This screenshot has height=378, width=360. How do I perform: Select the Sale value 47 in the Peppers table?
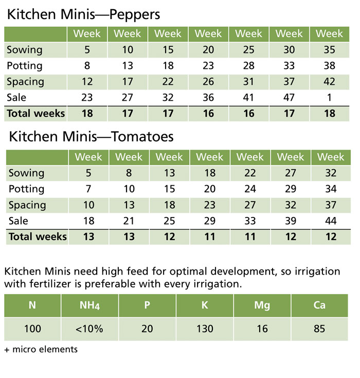pyautogui.click(x=289, y=97)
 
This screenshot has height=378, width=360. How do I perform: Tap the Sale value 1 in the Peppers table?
pyautogui.click(x=329, y=97)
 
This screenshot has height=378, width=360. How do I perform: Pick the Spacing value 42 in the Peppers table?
pyautogui.click(x=329, y=82)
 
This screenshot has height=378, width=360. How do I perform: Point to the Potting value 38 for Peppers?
pyautogui.click(x=329, y=66)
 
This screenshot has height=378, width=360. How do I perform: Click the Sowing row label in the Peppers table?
pyautogui.click(x=25, y=50)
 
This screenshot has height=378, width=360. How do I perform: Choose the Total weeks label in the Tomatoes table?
pyautogui.click(x=38, y=237)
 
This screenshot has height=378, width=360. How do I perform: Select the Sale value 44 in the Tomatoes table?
pyautogui.click(x=331, y=221)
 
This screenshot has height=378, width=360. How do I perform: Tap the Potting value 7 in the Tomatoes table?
pyautogui.click(x=88, y=189)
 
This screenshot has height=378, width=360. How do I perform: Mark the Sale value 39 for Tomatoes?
pyautogui.click(x=291, y=221)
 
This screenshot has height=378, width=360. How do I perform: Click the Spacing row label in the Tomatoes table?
pyautogui.click(x=27, y=205)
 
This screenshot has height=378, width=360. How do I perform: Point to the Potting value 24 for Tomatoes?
pyautogui.click(x=250, y=189)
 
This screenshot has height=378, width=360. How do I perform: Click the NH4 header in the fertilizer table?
pyautogui.click(x=89, y=305)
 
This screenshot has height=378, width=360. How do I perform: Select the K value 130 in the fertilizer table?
pyautogui.click(x=205, y=329)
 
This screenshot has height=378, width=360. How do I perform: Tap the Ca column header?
pyautogui.click(x=319, y=305)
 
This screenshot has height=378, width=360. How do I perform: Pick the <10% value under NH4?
pyautogui.click(x=89, y=329)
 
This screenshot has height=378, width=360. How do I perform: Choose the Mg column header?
pyautogui.click(x=262, y=305)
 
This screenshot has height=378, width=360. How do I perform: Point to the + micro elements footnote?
pyautogui.click(x=41, y=349)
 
